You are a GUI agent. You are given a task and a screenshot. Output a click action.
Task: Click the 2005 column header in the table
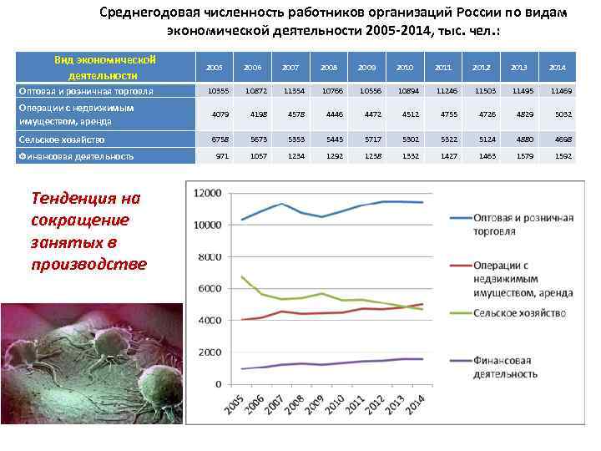(215, 67)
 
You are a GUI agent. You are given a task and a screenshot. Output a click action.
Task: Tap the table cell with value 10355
(215, 90)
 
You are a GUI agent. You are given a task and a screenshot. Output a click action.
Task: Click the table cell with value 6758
(215, 140)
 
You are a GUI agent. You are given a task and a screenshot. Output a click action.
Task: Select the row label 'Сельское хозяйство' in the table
(63, 140)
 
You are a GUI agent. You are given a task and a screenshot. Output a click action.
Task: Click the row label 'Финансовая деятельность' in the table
(76, 156)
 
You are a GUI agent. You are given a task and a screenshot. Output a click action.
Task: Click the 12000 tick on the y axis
(207, 193)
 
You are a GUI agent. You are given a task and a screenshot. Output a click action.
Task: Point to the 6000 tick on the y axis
(210, 288)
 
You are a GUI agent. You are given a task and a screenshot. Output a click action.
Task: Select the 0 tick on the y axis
(219, 384)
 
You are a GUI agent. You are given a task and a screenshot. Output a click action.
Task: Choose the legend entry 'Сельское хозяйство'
(518, 313)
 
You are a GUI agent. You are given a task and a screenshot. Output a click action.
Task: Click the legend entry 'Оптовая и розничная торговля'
(522, 224)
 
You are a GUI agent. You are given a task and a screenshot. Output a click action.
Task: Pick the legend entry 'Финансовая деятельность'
(505, 367)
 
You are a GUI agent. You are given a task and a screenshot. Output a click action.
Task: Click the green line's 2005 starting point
(242, 276)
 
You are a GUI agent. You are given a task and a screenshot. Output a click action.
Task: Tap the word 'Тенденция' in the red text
(74, 199)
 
